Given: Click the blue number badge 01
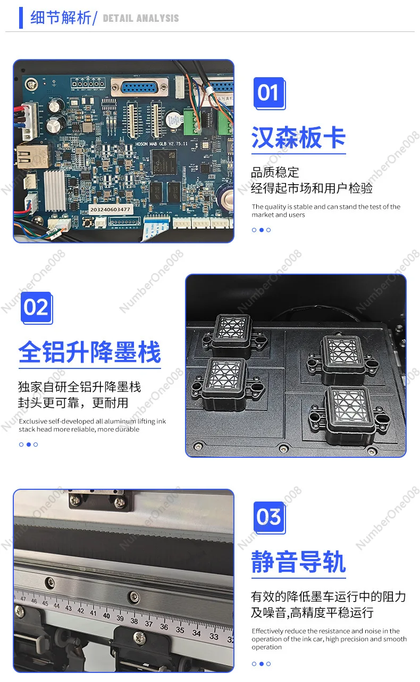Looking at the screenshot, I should [x=268, y=93].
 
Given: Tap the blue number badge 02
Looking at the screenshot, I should [x=36, y=307].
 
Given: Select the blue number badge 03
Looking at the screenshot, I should [x=268, y=517].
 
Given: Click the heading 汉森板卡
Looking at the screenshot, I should [x=298, y=137].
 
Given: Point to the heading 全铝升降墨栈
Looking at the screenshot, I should [x=89, y=352].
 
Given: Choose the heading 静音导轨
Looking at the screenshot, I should [x=298, y=562].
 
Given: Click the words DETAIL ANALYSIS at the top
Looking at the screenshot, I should [x=141, y=18].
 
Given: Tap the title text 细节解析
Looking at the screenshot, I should [x=60, y=18].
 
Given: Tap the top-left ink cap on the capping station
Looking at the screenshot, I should [x=232, y=330].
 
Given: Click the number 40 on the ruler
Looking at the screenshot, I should [x=106, y=616].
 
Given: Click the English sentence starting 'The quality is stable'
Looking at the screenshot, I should [x=326, y=211].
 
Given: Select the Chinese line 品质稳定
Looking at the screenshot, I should [x=275, y=172].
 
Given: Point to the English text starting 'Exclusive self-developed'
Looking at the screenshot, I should [x=92, y=425].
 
